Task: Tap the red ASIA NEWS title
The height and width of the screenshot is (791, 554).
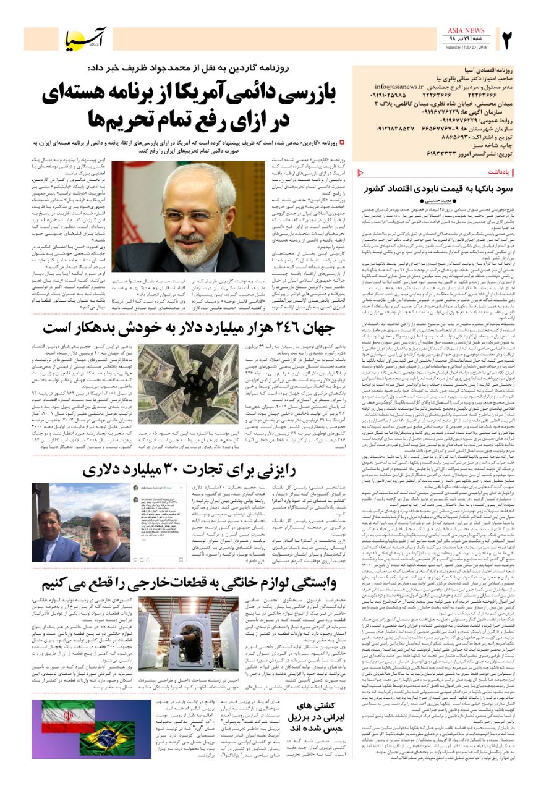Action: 468,31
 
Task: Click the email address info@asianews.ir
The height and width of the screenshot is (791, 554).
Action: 399,87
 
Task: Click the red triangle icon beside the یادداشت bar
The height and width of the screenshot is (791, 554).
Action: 361,171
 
